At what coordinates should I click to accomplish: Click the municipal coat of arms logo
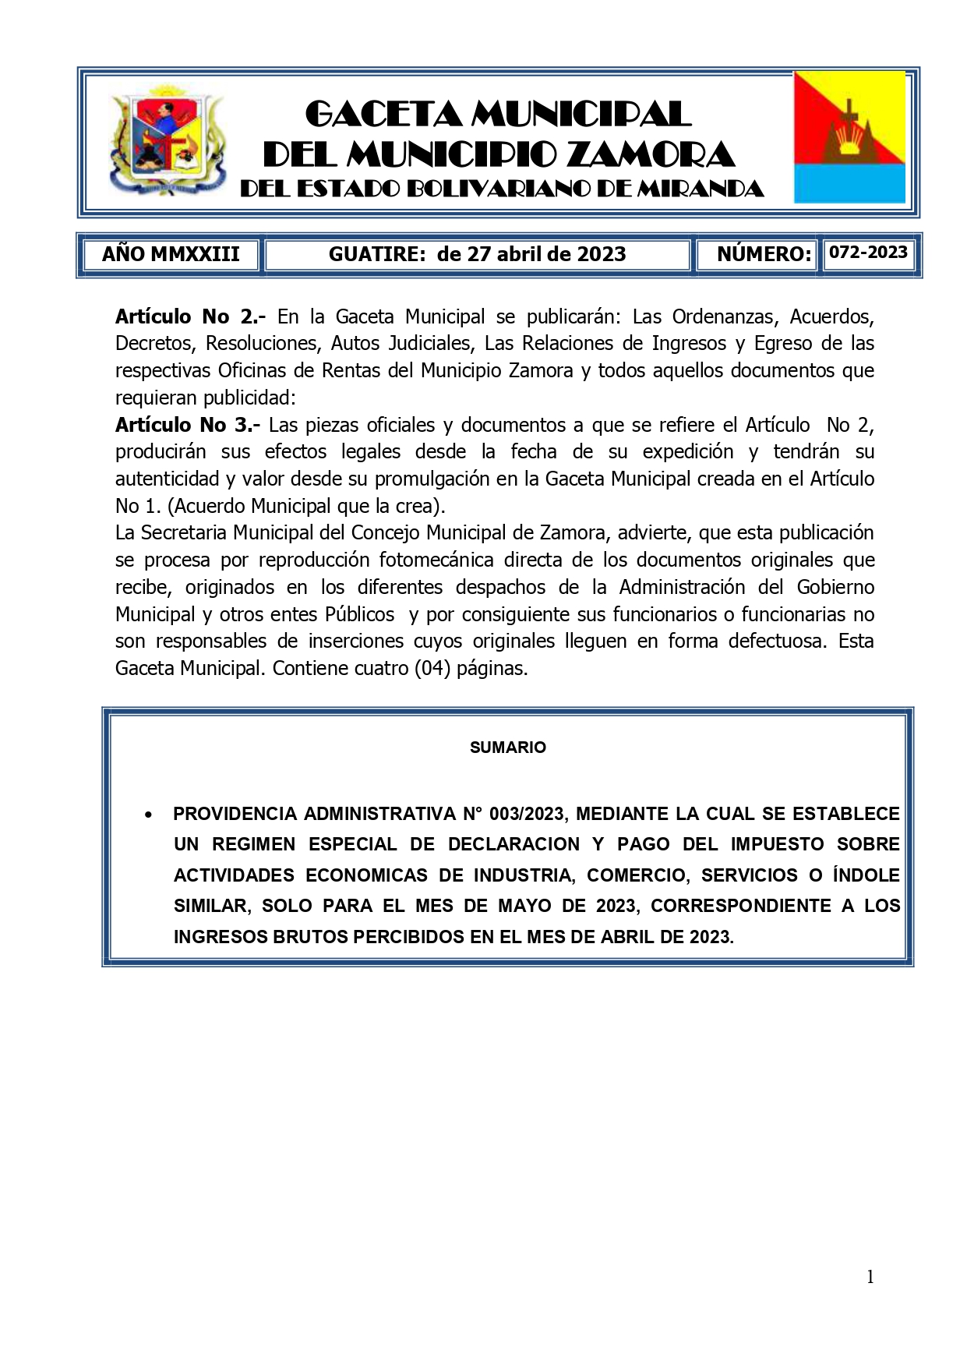(x=167, y=141)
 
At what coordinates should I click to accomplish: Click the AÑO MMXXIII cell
(x=171, y=254)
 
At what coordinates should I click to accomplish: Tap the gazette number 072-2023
(x=868, y=253)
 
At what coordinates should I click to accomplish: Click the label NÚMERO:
(x=764, y=254)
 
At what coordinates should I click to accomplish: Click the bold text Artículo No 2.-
(x=190, y=316)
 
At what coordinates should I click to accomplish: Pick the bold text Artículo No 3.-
(x=187, y=425)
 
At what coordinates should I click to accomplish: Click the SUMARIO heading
(x=507, y=748)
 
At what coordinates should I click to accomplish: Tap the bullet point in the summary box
(x=148, y=815)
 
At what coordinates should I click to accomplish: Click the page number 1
(x=870, y=1277)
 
